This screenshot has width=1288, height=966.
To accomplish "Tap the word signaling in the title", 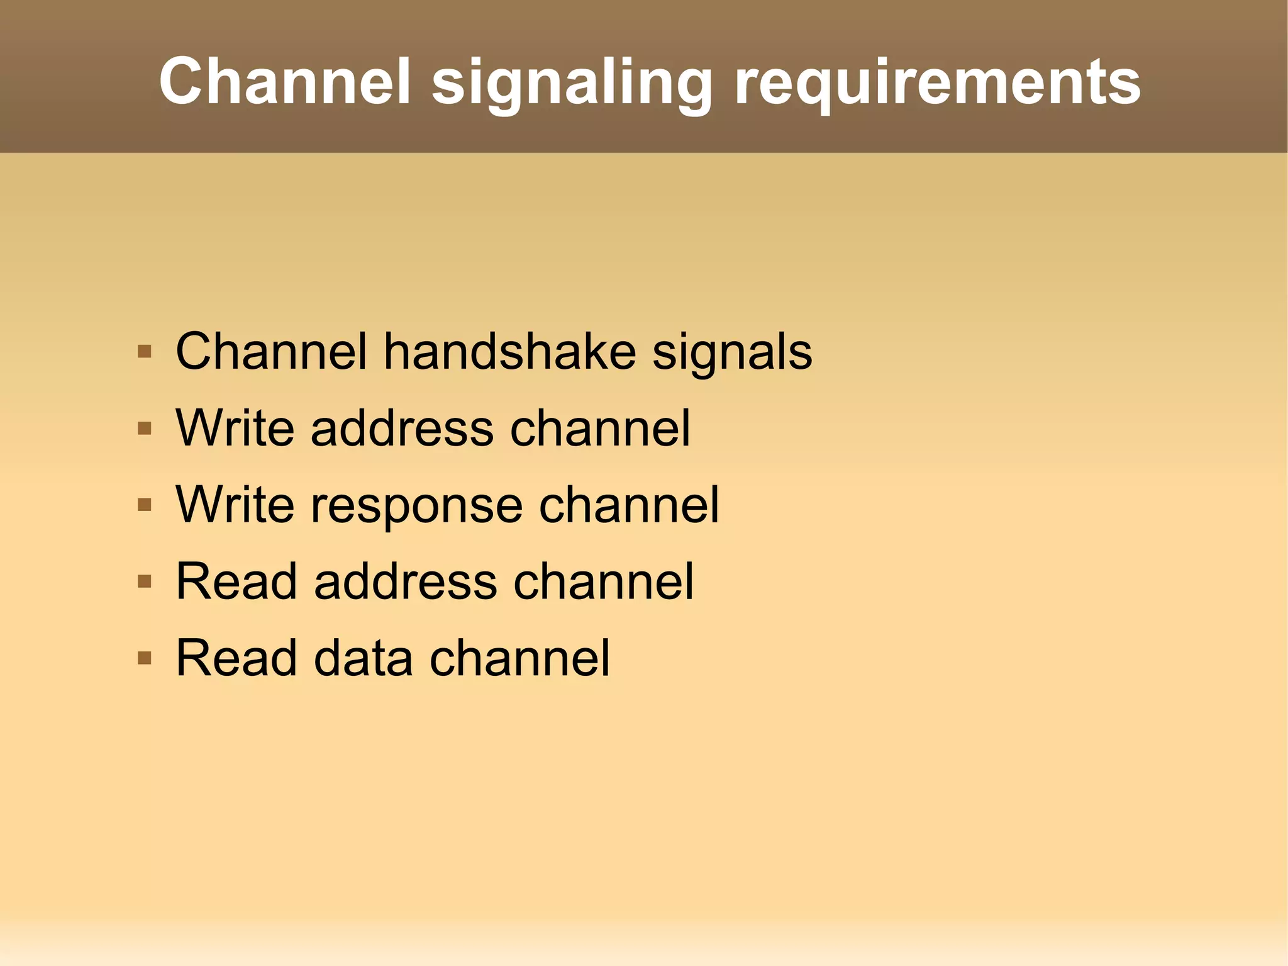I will [x=572, y=85].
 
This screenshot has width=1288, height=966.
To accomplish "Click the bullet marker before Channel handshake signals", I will [x=145, y=351].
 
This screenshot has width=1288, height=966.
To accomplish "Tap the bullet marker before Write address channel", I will [x=145, y=429].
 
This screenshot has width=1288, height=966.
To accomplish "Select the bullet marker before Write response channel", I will [x=145, y=505].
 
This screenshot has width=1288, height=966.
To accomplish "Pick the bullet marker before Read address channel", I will [x=145, y=581].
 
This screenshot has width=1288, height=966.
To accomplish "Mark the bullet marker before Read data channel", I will [x=145, y=658].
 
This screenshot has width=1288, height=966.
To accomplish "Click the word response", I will [x=416, y=507].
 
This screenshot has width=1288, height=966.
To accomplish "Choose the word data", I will [x=364, y=658].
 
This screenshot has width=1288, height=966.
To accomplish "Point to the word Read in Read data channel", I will [x=236, y=658].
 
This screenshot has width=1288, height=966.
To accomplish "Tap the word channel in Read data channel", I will [x=519, y=658].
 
